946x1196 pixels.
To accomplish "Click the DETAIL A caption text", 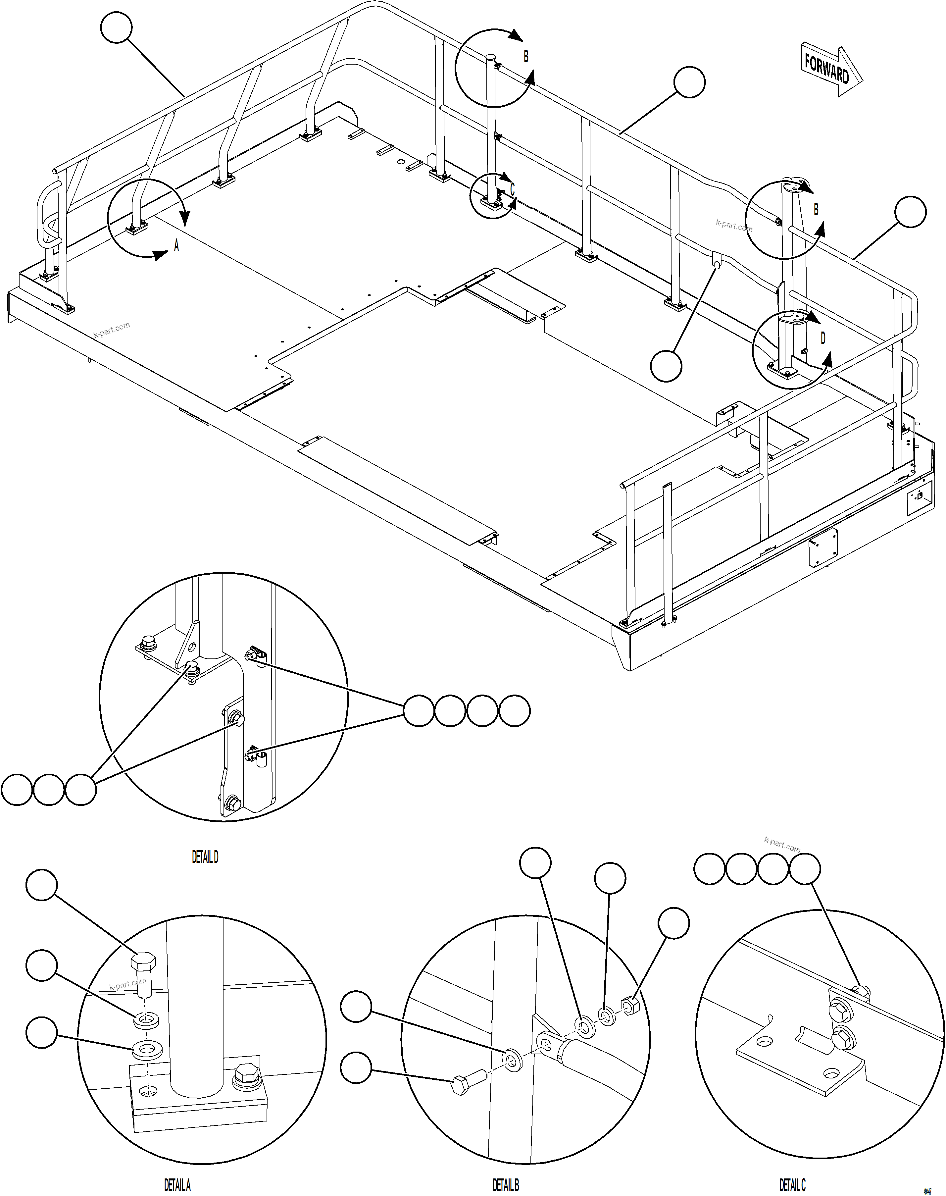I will point(177,1185).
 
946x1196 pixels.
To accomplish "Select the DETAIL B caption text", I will point(506,1185).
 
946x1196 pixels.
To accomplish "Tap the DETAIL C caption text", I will point(792,1185).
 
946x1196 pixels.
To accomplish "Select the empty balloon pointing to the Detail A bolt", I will point(41,885).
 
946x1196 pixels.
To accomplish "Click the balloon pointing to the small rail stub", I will point(666,366).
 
